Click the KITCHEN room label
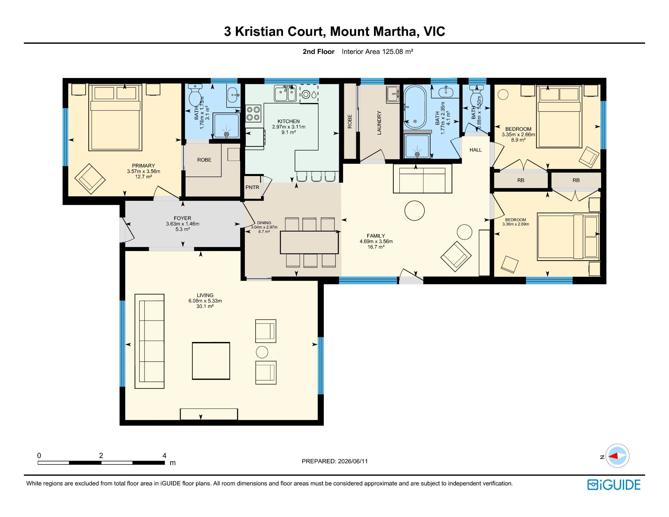coord(288,121)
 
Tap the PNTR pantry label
coord(252,187)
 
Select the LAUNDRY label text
coord(379,123)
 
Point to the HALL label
coord(475,150)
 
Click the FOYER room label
coord(182,218)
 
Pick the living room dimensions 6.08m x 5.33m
coord(205,301)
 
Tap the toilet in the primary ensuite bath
coord(195,95)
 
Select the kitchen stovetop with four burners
coord(253,113)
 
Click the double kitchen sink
coord(285,93)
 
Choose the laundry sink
coord(393,94)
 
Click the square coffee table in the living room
coord(211,361)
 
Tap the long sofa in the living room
coord(150,341)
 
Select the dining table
coord(309,242)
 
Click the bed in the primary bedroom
coord(115,117)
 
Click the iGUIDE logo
coord(614,485)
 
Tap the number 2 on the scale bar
coord(101,455)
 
